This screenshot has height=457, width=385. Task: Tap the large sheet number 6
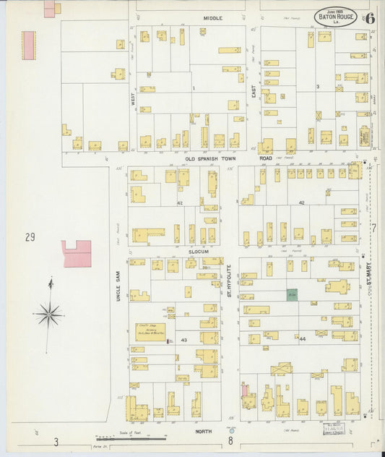pos(369,18)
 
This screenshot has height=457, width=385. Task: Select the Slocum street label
pos(199,252)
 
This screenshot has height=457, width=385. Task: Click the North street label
pos(204,431)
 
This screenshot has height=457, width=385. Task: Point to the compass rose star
pos(49,313)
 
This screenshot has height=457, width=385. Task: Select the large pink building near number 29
pos(77,254)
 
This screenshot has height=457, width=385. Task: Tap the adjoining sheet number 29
pos(30,236)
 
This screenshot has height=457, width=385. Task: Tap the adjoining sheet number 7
pos(373,227)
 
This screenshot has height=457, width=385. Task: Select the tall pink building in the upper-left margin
pos(28,45)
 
